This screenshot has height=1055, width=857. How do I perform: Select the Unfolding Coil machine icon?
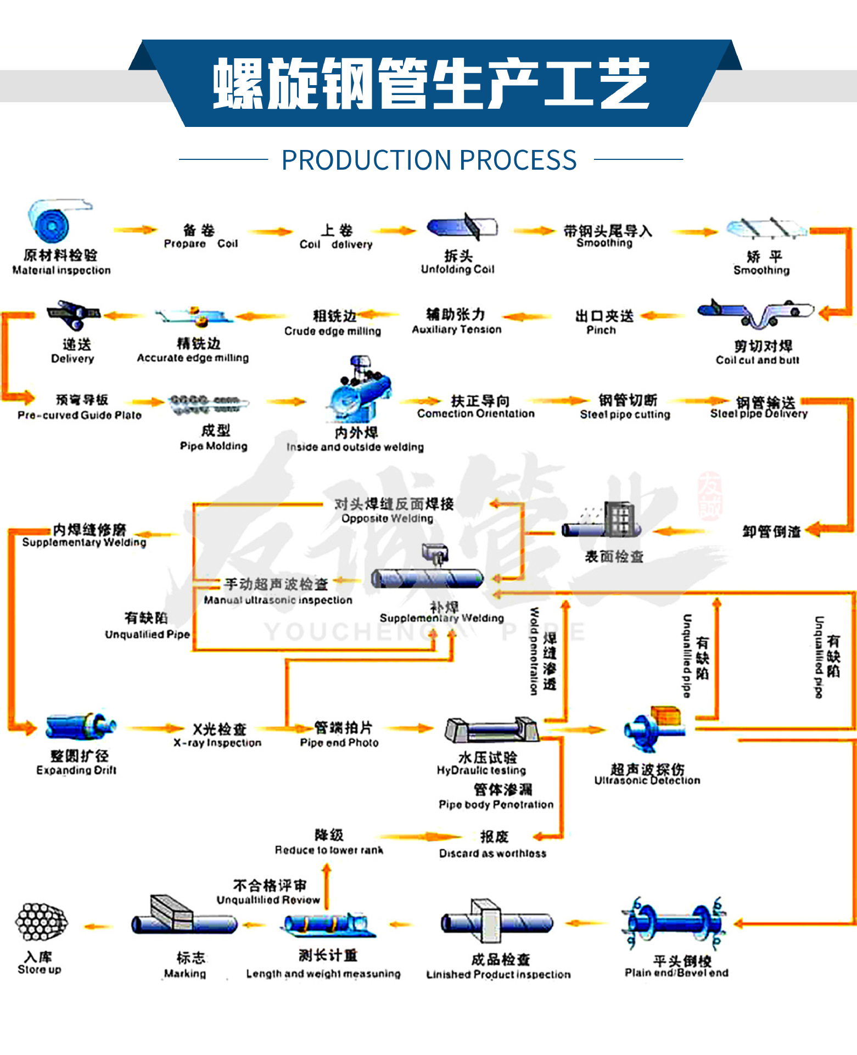point(462,227)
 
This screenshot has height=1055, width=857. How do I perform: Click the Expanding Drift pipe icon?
point(81,726)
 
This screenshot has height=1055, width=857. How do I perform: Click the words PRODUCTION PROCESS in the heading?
point(429,160)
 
